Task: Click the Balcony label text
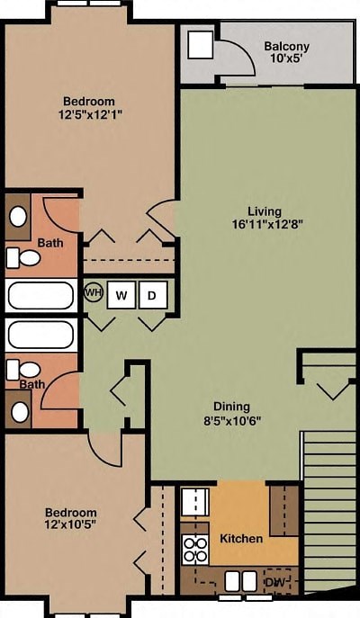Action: [x=286, y=47]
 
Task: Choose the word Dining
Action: [x=231, y=406]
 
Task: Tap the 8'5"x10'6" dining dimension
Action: [x=231, y=419]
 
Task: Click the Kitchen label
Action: [x=241, y=538]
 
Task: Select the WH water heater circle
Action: [x=94, y=292]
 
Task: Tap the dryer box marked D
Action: [x=152, y=294]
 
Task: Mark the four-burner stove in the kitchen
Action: [x=195, y=549]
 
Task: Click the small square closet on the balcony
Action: [x=200, y=45]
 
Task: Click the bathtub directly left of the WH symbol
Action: [x=40, y=295]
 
